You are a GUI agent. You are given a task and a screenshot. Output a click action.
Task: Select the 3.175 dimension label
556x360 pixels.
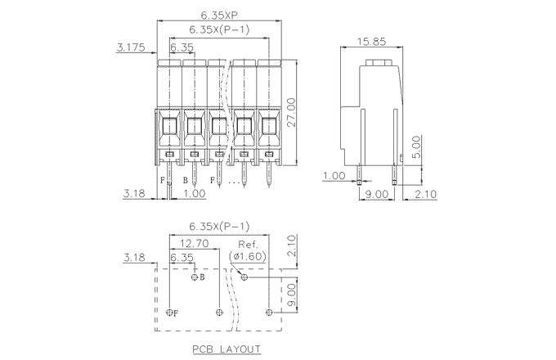point(131,47)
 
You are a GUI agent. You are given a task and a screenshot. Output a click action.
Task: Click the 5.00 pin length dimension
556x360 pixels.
point(415,147)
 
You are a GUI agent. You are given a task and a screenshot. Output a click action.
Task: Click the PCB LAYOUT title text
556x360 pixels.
point(226,349)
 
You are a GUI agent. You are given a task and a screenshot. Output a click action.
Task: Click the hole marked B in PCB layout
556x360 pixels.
point(195,277)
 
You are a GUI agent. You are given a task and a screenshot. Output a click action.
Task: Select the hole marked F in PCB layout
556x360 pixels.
point(170,313)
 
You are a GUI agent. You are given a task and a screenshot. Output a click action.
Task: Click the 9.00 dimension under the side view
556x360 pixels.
point(376,194)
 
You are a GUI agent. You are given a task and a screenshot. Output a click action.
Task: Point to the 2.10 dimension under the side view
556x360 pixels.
point(425,194)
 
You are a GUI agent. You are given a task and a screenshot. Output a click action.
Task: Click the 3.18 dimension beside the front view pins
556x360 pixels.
point(135,194)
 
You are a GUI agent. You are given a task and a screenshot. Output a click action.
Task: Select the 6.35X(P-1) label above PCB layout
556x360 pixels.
point(219,227)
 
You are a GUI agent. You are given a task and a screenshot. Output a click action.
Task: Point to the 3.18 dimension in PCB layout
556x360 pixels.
point(135,258)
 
